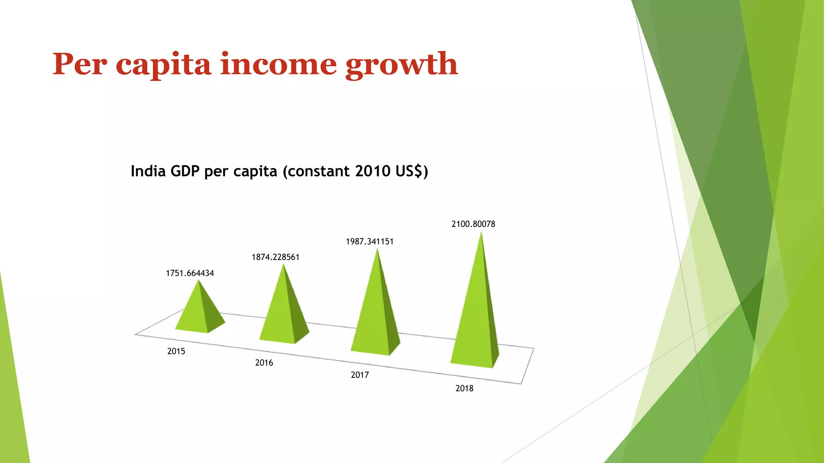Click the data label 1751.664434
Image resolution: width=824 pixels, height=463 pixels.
coord(190,273)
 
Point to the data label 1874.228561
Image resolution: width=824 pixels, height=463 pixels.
coord(276,257)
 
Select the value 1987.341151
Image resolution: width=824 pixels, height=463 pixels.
coord(369,242)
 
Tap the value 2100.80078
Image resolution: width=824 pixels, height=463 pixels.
coord(473,224)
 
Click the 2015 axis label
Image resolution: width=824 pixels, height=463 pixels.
coord(176,351)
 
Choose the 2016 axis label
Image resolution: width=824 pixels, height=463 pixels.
coord(264,363)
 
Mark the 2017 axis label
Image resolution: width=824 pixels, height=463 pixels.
coord(360,375)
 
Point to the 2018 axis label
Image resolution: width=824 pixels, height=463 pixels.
coord(464,388)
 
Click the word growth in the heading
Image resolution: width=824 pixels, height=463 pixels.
coord(402,64)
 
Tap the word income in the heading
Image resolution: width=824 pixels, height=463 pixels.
coord(278,64)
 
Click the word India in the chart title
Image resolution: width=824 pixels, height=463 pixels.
coord(148,171)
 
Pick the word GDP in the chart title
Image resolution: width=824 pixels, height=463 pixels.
coord(185,171)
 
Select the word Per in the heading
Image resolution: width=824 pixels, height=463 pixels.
coord(80,64)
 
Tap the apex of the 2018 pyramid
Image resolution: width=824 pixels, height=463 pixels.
coord(481,233)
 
